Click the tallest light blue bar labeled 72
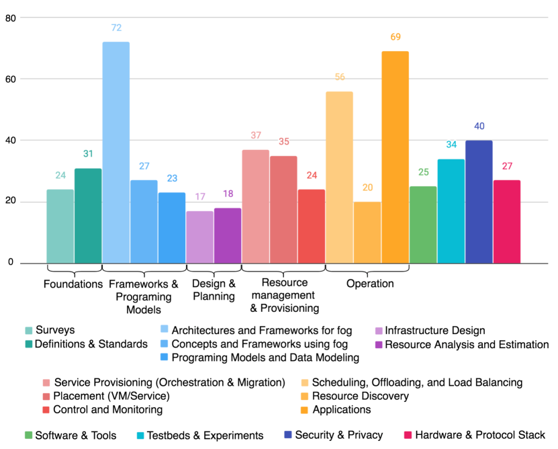click(x=115, y=152)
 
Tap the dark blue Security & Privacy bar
click(x=479, y=202)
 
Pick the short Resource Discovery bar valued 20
click(x=367, y=232)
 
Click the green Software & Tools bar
click(x=423, y=225)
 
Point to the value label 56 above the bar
click(x=339, y=77)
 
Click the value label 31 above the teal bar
click(x=88, y=154)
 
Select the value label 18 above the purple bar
click(x=228, y=194)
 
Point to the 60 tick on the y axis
click(x=10, y=79)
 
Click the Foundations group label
click(x=73, y=284)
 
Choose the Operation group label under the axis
click(x=370, y=284)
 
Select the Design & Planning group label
click(x=214, y=290)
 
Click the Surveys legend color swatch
click(x=28, y=330)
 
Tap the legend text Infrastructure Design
click(x=435, y=330)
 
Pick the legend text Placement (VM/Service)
click(x=111, y=396)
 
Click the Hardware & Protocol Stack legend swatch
click(x=408, y=435)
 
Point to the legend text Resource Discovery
click(x=361, y=396)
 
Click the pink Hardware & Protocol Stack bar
click(x=507, y=221)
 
